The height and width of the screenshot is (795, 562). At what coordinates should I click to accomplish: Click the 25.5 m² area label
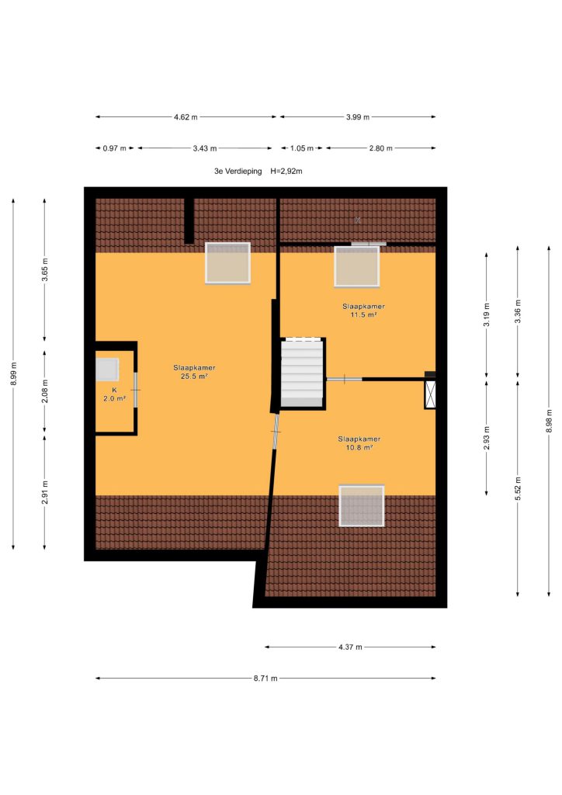coord(194,377)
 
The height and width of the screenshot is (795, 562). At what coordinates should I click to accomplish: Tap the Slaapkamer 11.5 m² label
coord(363,311)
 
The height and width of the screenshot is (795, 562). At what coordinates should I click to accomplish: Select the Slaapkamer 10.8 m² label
coord(359,443)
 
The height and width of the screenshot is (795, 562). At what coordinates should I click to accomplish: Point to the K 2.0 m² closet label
coord(115,394)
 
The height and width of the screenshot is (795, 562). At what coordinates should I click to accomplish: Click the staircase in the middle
coord(303,373)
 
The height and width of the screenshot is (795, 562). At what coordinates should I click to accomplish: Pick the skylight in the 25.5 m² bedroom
coord(227,262)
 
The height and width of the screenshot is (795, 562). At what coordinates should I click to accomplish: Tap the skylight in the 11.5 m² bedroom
coord(357,266)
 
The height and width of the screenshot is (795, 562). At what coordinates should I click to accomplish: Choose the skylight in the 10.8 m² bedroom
coord(361,505)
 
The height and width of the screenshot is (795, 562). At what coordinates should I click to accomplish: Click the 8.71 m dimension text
coord(265,679)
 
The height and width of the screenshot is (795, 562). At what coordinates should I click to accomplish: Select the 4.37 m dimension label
coord(350,647)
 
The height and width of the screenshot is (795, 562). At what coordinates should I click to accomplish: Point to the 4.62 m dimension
coord(186,117)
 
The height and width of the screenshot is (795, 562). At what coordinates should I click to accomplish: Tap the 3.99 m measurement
coord(358,117)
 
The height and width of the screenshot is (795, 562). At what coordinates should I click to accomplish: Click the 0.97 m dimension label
coord(115,148)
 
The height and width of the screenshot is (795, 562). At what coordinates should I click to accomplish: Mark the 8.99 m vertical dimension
coord(14,373)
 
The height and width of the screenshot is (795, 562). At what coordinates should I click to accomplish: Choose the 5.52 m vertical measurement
coord(518,488)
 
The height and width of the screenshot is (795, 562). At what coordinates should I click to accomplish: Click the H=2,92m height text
coord(286,172)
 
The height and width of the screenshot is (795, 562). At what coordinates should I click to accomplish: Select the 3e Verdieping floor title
coord(238,172)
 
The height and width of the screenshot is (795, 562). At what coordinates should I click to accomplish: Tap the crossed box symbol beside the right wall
coord(430,394)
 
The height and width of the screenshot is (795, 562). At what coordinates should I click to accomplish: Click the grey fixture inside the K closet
coord(107,369)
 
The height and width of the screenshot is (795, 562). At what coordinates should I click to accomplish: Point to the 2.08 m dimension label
coord(44,391)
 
